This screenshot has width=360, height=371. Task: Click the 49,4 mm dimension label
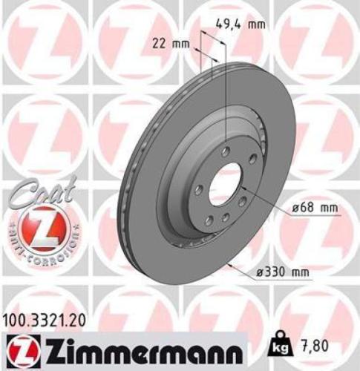click(x=241, y=24)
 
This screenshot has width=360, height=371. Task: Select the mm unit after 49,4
click(x=255, y=24)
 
